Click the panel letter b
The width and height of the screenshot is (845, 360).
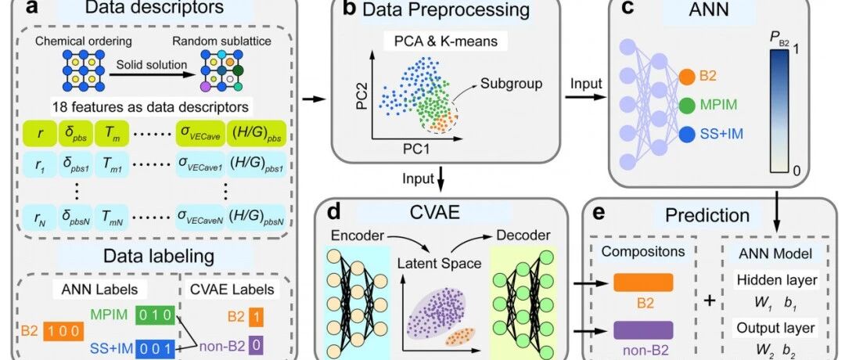[349, 9]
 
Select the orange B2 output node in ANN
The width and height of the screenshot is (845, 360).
[687, 77]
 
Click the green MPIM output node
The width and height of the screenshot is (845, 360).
[687, 105]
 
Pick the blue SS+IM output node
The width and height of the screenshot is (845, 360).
[687, 134]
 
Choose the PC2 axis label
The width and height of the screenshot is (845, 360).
[361, 95]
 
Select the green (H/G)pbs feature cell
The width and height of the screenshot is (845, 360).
[255, 132]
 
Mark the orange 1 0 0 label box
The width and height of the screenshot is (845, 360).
[63, 329]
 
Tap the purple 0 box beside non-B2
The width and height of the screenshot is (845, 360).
[257, 344]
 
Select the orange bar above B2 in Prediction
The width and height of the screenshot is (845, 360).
[643, 283]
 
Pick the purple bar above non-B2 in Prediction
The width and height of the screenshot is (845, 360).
[643, 329]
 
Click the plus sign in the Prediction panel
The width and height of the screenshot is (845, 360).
[709, 301]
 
